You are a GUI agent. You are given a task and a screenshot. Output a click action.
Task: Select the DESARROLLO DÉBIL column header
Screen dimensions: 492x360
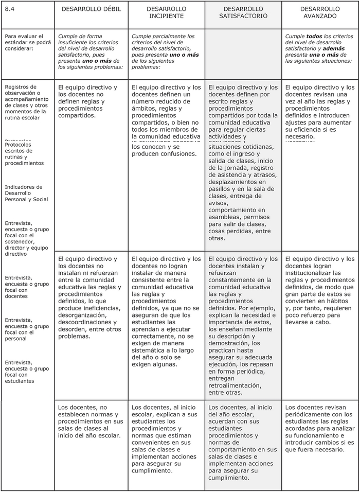(x=91, y=9)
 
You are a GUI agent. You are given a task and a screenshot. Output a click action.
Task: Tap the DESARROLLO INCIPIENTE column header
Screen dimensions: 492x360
(x=166, y=12)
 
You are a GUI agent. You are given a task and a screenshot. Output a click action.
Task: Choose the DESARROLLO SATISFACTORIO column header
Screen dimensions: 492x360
(x=243, y=12)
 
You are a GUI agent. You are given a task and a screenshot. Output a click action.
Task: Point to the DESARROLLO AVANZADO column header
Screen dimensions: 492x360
(x=319, y=12)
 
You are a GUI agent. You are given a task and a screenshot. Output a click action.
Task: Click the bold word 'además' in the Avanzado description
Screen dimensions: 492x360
(x=335, y=48)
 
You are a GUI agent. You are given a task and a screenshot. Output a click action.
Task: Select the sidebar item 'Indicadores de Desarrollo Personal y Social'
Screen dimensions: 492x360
(x=24, y=193)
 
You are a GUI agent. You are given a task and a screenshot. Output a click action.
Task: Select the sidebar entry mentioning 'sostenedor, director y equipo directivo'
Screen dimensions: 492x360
(x=27, y=238)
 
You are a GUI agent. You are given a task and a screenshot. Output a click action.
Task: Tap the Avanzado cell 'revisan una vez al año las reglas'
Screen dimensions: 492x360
(x=319, y=112)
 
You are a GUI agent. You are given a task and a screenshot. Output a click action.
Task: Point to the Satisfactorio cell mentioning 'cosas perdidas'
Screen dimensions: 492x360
(x=243, y=163)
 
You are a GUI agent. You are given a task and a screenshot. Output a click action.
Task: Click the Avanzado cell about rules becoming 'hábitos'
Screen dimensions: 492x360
(x=319, y=290)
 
